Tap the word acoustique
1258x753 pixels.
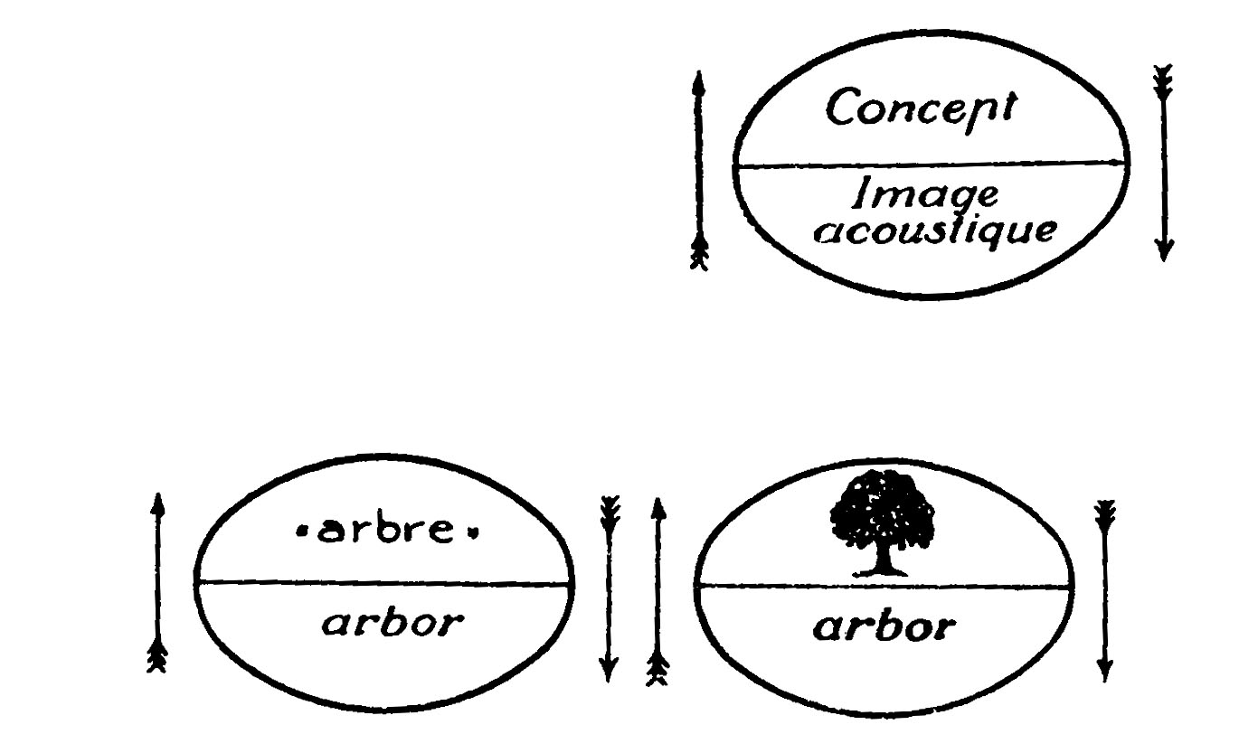[x=934, y=231]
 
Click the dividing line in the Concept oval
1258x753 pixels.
[x=932, y=165]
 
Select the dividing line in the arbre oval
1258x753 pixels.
[x=384, y=583]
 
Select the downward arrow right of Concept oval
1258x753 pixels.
[x=1163, y=163]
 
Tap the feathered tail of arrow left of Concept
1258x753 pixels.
[x=698, y=254]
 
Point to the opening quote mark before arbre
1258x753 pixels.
[x=301, y=532]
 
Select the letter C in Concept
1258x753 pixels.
[x=841, y=110]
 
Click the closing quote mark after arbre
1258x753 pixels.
[x=471, y=532]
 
